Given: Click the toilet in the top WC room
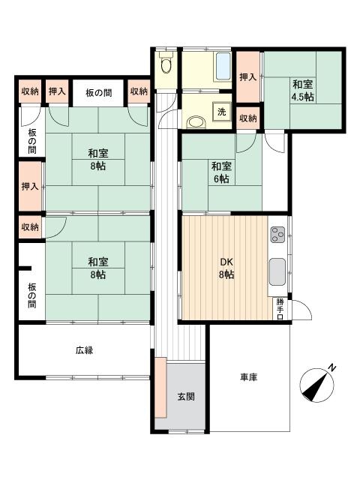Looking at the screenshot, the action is click(166, 63).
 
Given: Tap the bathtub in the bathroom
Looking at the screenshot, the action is click(223, 67).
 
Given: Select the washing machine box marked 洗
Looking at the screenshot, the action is click(221, 112).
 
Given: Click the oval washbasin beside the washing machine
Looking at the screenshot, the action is click(196, 122).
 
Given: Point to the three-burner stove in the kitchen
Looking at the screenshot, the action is click(277, 235).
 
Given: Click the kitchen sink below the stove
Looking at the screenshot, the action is click(277, 272).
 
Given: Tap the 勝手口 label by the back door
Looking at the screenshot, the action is click(280, 309).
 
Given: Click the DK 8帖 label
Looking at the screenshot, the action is click(226, 268).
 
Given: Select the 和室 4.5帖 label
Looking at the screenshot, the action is click(302, 90).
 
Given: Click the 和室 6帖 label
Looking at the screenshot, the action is click(221, 172).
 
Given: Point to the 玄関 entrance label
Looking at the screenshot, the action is click(186, 397).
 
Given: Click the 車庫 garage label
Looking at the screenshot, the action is click(248, 377).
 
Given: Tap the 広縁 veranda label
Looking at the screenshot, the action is click(84, 350).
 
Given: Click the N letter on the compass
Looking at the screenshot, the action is click(331, 367).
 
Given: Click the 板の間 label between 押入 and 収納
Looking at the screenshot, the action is click(98, 93).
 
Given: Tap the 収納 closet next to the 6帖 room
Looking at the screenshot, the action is click(248, 118).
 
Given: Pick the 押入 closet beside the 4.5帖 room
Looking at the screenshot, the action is click(248, 76).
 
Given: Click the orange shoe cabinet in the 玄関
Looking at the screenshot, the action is click(160, 387).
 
